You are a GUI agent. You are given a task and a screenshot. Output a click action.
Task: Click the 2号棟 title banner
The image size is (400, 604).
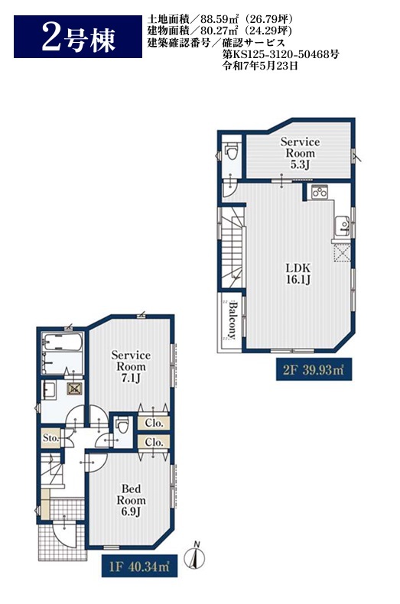point(78,37)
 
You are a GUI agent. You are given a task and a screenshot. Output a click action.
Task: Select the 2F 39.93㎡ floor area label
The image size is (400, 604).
point(314,370)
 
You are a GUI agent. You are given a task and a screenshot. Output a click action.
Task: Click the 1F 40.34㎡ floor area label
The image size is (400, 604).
point(139,566)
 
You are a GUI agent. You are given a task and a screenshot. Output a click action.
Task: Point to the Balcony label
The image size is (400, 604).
point(232,320)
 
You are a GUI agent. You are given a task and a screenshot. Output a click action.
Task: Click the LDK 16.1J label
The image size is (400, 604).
point(298,274)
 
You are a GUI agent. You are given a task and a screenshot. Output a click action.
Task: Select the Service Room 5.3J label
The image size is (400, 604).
point(300,154)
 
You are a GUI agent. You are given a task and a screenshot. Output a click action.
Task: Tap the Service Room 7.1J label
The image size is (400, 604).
point(131,366)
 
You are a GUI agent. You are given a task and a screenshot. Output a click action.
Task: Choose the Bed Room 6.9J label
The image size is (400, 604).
point(131,500)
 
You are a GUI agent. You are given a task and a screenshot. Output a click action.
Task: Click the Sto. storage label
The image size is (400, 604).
point(50,438)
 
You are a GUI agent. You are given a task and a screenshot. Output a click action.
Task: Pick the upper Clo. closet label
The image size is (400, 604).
point(154,423)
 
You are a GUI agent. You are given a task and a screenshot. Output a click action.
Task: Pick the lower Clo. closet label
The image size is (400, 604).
point(154,442)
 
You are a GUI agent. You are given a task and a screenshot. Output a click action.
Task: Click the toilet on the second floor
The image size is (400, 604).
point(232,151)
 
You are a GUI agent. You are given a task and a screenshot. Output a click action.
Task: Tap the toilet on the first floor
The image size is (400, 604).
point(122,426)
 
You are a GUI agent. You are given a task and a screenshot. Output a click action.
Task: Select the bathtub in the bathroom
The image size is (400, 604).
point(62,342)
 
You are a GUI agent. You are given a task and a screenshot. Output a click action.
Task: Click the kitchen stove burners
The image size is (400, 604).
point(320,192)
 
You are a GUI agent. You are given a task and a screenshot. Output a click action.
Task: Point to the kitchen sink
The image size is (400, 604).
point(342,226)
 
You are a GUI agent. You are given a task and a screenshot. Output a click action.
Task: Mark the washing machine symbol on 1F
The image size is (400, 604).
point(74,388)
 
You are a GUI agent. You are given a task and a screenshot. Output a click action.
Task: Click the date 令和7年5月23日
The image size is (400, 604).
point(260,66)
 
